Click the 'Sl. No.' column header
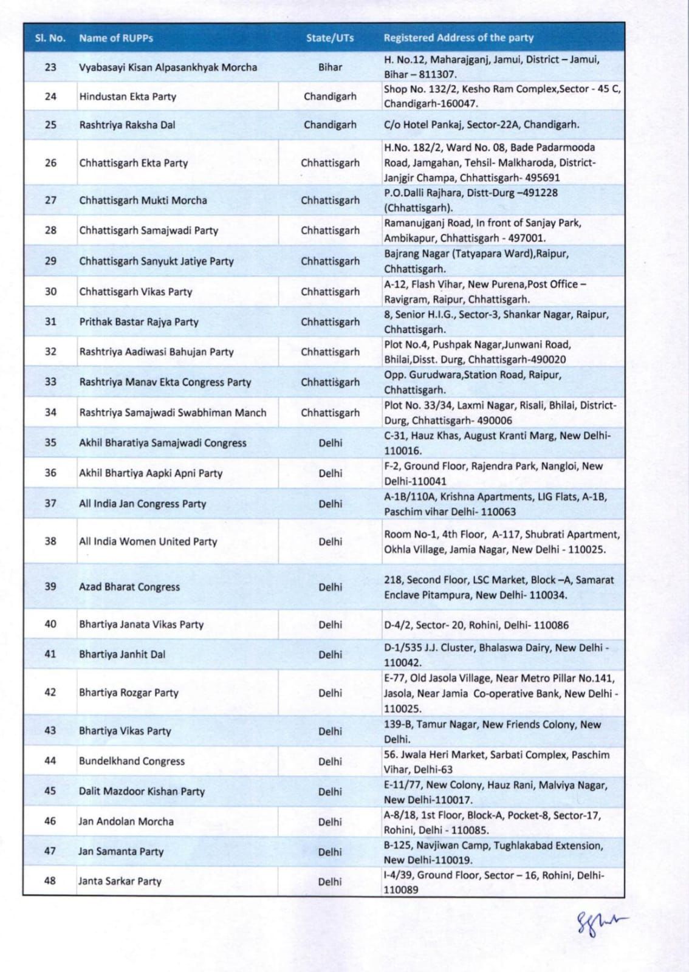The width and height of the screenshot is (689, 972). click(50, 38)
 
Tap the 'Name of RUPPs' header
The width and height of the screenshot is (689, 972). click(116, 38)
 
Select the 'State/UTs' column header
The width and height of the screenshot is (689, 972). click(330, 38)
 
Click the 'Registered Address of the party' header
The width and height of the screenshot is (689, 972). click(458, 38)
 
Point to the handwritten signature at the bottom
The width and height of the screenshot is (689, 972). click(601, 923)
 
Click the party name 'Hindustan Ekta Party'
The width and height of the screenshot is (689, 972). click(128, 96)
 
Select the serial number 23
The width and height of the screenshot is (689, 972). click(50, 67)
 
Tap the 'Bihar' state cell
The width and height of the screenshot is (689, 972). click(330, 67)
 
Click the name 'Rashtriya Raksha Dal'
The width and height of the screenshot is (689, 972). click(127, 125)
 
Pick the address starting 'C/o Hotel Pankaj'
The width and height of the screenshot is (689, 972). click(481, 125)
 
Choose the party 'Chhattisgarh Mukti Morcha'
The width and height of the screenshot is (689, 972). click(143, 200)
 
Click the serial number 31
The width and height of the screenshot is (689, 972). click(50, 321)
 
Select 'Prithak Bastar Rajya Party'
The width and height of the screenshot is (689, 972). click(139, 321)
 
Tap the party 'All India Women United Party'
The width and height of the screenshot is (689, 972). click(148, 541)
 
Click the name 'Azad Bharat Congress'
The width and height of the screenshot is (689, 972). click(129, 587)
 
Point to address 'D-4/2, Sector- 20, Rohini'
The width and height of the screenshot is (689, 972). click(476, 625)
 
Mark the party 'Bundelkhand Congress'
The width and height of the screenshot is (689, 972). click(132, 761)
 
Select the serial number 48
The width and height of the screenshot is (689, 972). click(50, 881)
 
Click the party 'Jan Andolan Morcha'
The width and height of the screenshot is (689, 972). click(126, 821)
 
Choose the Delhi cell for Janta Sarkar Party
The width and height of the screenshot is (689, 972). click(330, 881)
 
